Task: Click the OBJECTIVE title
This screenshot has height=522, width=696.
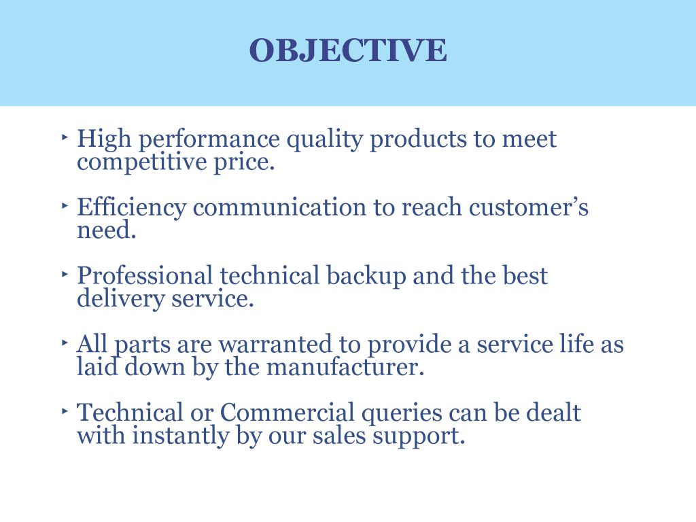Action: [x=348, y=50]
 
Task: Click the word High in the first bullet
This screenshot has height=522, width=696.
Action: [x=104, y=138]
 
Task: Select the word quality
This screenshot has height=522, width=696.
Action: [x=324, y=141]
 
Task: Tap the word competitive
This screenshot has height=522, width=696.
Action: [x=142, y=162]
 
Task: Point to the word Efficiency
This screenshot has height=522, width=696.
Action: [x=131, y=208]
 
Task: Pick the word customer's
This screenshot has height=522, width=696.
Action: [x=528, y=207]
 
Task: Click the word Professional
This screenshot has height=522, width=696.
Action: [x=145, y=275]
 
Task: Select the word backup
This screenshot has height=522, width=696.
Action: [x=366, y=277]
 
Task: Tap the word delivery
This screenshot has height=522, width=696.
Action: [x=121, y=300]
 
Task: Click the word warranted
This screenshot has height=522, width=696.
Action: [x=275, y=345]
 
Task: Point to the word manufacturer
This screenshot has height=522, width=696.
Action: [x=345, y=367]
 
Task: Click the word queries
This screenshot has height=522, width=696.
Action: [x=402, y=415]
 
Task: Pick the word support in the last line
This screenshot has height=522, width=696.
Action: [x=418, y=437]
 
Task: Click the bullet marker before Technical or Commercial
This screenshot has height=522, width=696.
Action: [x=65, y=411]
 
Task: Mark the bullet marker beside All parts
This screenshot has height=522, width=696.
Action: [x=65, y=343]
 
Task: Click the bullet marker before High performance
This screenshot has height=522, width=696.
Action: [x=65, y=137]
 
